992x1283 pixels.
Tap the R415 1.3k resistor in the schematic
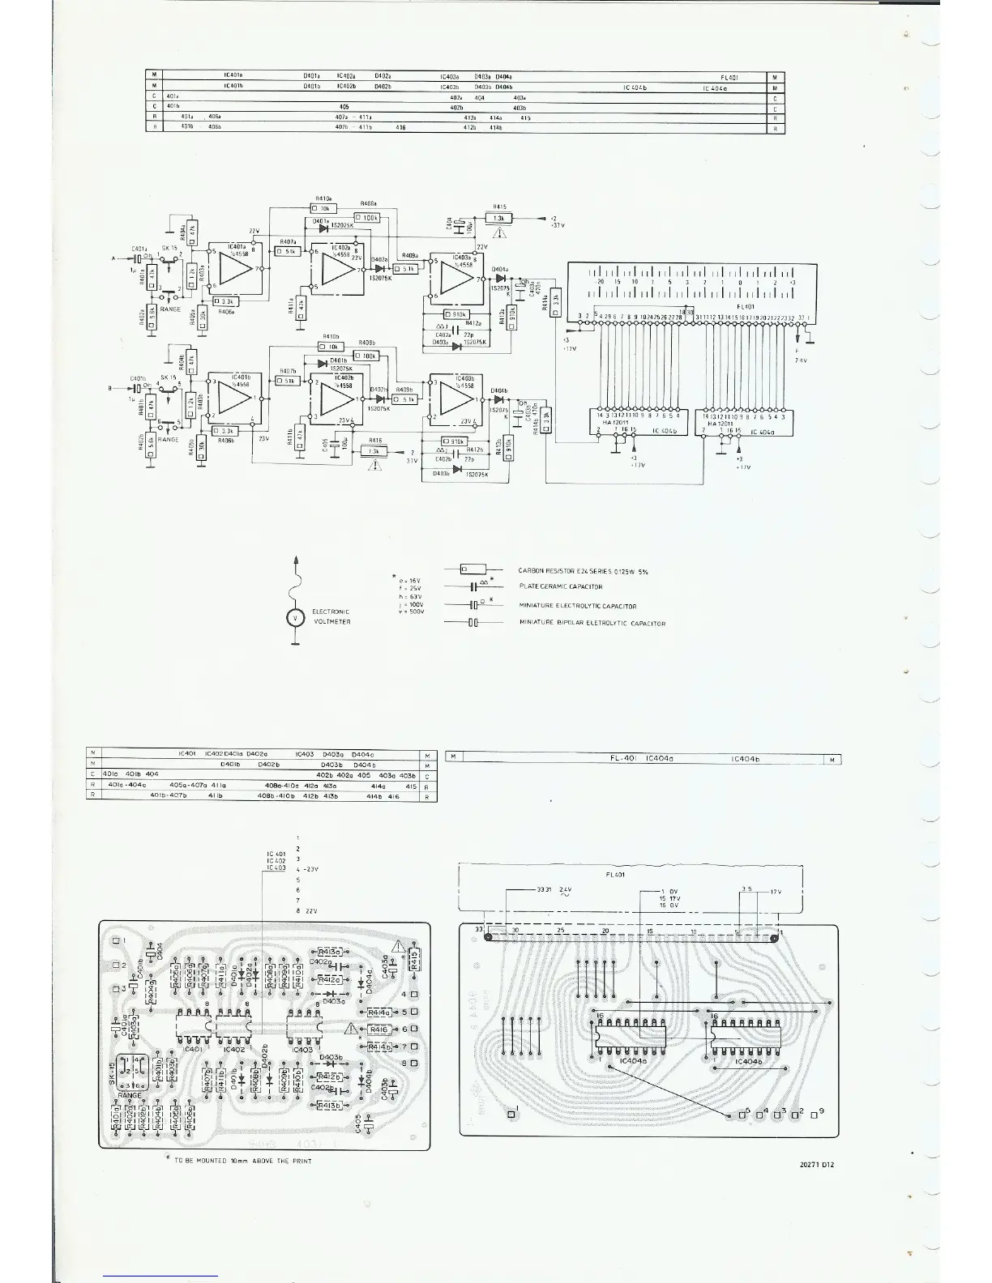500,218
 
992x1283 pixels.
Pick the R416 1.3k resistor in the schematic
373,451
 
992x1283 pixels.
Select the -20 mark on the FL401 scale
599,282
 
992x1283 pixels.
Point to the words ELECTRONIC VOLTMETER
330,616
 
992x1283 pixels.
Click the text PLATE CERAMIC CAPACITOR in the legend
560,586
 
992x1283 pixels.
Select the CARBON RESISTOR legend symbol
468,570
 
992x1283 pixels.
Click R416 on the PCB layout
379,1029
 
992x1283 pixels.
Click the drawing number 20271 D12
817,1166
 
